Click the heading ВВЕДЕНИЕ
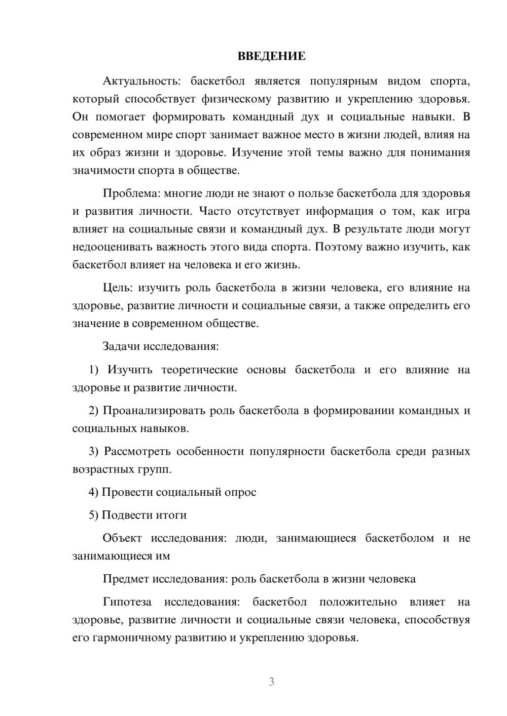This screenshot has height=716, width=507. (271, 56)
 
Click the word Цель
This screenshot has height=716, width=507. (117, 288)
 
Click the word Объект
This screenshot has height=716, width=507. (122, 538)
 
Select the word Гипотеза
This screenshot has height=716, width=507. (127, 602)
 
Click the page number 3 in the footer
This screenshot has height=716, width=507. (271, 682)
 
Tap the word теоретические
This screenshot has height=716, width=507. (199, 370)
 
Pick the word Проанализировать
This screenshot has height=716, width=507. (154, 410)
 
